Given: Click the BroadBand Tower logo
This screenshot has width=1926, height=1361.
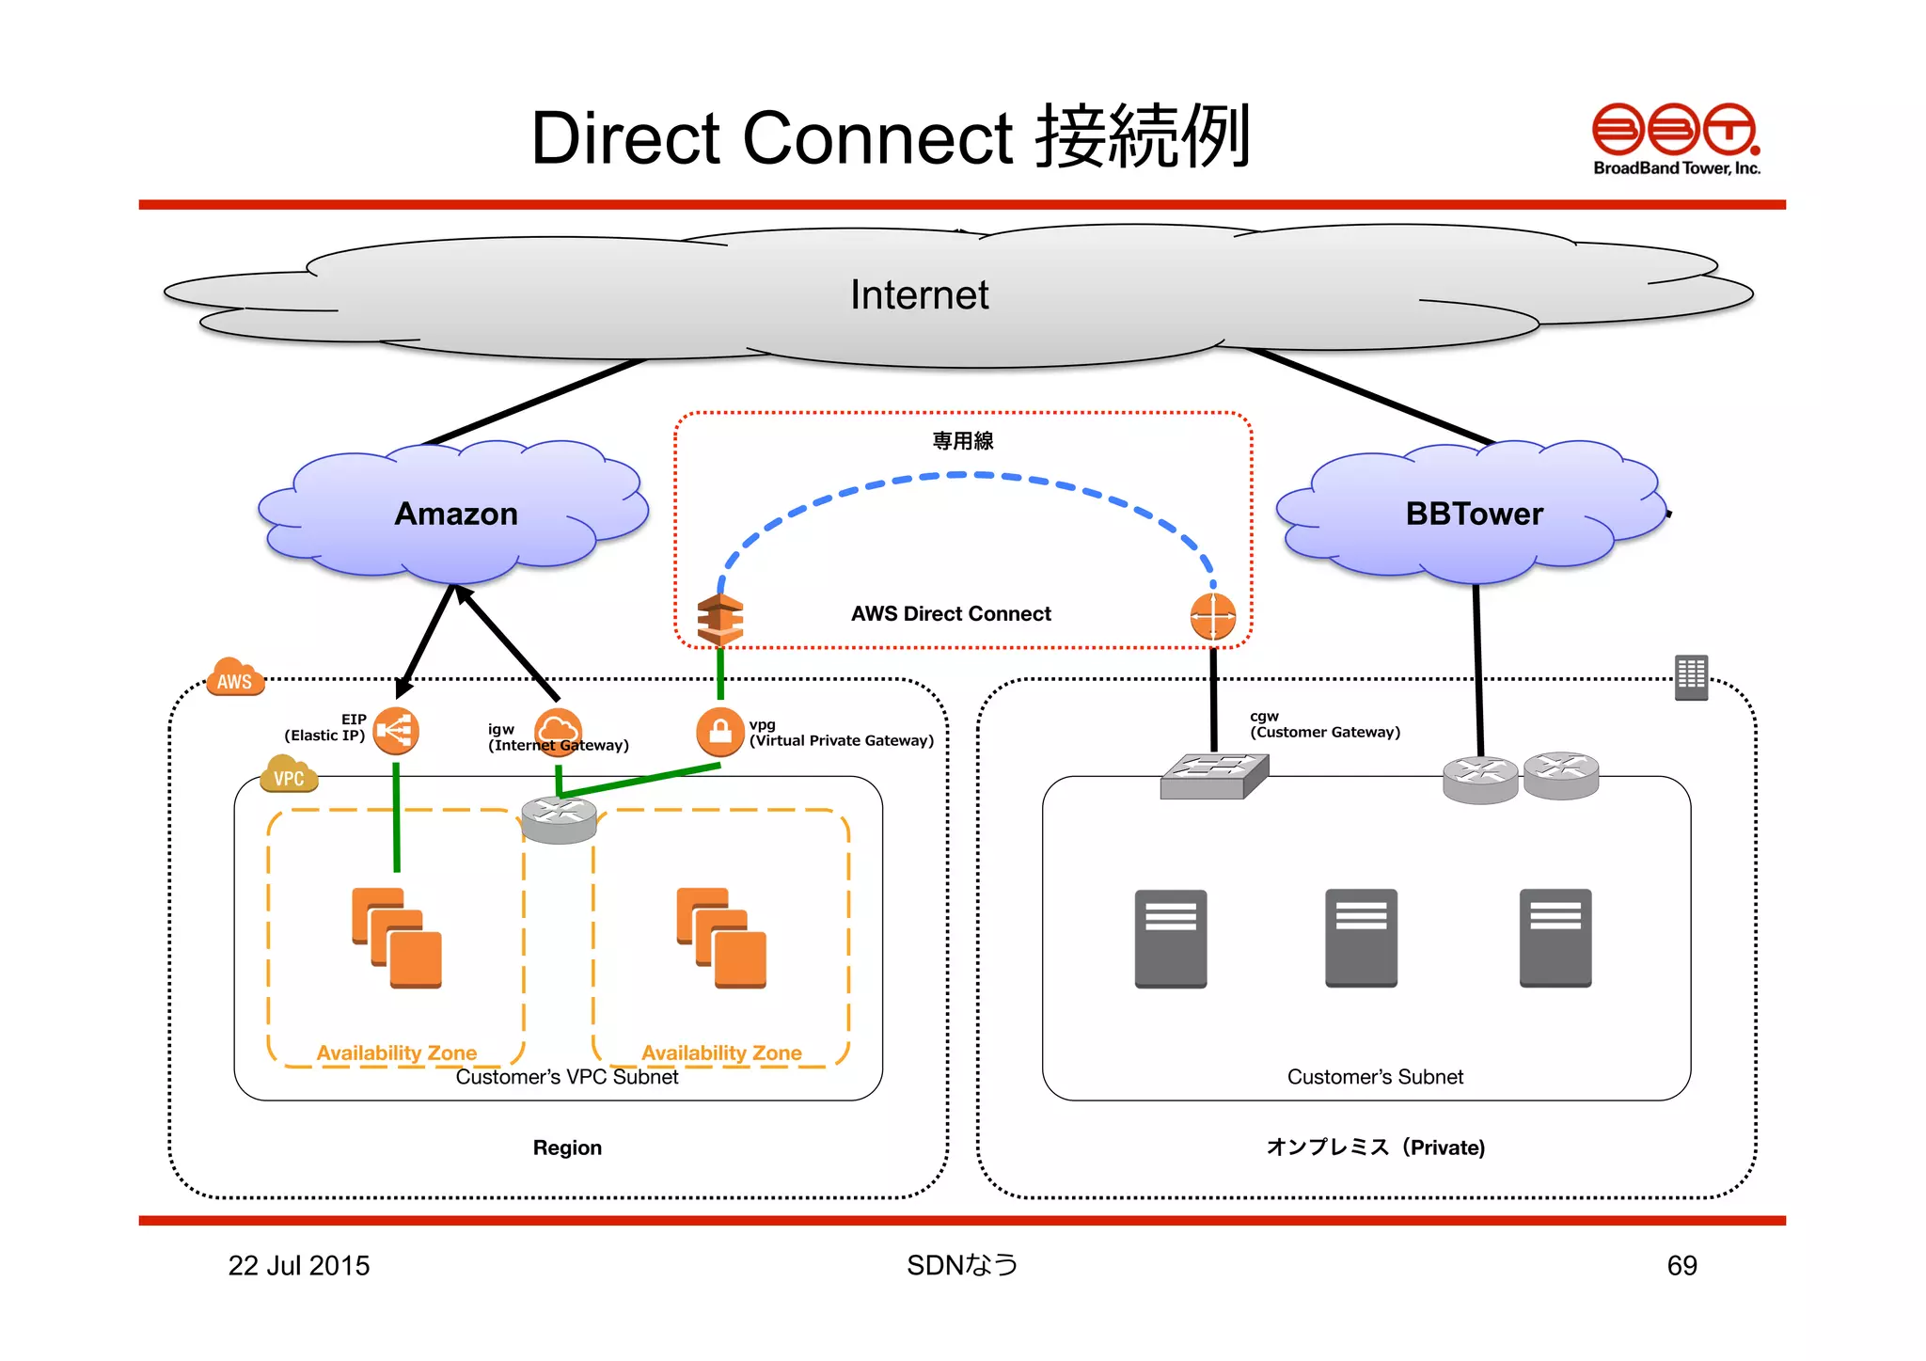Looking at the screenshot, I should pyautogui.click(x=1675, y=138).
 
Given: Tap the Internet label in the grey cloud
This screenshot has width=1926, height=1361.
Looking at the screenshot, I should pyautogui.click(x=919, y=295).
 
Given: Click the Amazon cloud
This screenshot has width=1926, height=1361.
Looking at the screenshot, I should pyautogui.click(x=455, y=513).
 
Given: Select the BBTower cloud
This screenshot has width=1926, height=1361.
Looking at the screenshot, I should pyautogui.click(x=1474, y=513).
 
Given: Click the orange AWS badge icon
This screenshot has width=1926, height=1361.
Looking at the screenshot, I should pyautogui.click(x=235, y=676).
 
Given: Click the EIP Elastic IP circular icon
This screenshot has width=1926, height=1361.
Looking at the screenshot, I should pyautogui.click(x=396, y=731).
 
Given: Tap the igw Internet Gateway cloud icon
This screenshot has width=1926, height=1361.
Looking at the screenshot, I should pyautogui.click(x=558, y=731).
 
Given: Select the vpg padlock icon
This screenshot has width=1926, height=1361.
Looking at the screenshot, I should pyautogui.click(x=719, y=731).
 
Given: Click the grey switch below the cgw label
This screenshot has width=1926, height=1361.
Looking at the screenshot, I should pyautogui.click(x=1214, y=776).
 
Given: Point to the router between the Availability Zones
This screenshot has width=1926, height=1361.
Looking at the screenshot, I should pyautogui.click(x=559, y=819).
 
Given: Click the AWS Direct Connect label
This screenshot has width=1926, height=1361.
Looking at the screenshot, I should pyautogui.click(x=951, y=614).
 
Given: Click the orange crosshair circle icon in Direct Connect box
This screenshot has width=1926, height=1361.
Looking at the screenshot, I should pyautogui.click(x=1212, y=617).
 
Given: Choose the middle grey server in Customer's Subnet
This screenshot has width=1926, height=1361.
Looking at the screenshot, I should pyautogui.click(x=1361, y=938).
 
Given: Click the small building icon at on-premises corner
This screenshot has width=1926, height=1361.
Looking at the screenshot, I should pyautogui.click(x=1691, y=677).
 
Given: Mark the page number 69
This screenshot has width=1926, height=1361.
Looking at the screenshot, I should pyautogui.click(x=1681, y=1266).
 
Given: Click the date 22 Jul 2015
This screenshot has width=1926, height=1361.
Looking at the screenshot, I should pyautogui.click(x=299, y=1266).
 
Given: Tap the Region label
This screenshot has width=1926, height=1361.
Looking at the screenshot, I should pyautogui.click(x=567, y=1147).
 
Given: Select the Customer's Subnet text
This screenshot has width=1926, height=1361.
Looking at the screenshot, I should pyautogui.click(x=1375, y=1077).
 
